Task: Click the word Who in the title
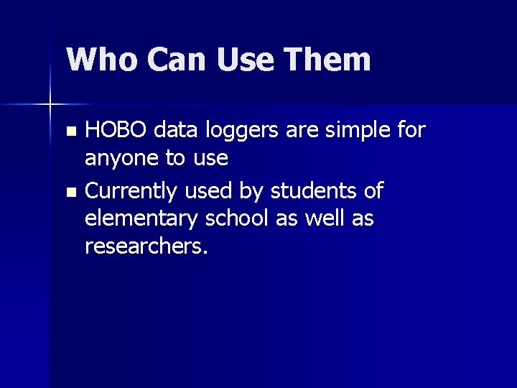[x=101, y=59]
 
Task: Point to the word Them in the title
[x=330, y=59]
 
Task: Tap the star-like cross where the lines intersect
[x=50, y=105]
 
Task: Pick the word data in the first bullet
[x=177, y=130]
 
